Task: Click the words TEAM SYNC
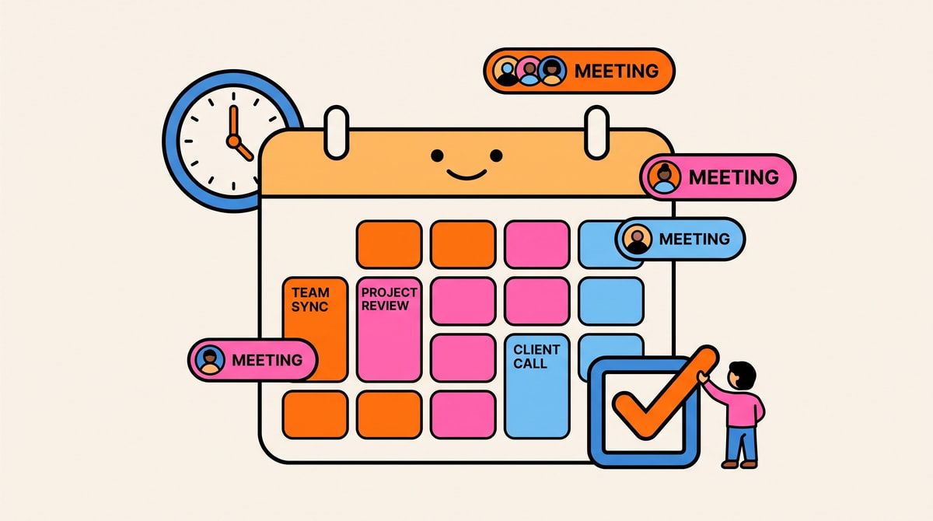[310, 299]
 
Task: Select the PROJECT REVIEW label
[389, 299]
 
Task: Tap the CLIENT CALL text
[536, 356]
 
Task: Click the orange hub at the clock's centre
[233, 141]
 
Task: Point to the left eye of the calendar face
[437, 156]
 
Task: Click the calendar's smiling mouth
[466, 174]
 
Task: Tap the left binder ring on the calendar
[336, 132]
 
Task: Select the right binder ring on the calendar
[596, 132]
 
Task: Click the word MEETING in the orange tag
[617, 71]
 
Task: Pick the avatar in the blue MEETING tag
[638, 240]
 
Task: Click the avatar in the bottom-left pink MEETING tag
[209, 360]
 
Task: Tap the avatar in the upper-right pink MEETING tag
[665, 177]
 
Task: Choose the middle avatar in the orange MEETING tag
[529, 71]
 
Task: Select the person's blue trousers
[742, 443]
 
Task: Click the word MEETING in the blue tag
[694, 239]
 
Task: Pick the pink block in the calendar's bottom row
[463, 414]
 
